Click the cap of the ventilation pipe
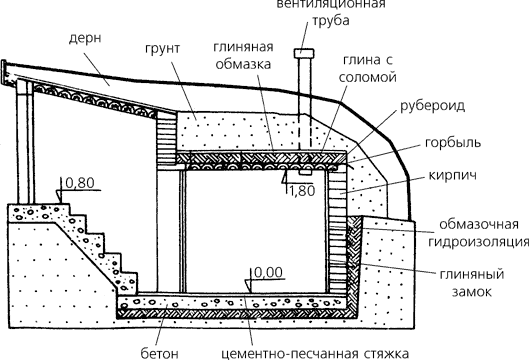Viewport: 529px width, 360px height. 302,52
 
